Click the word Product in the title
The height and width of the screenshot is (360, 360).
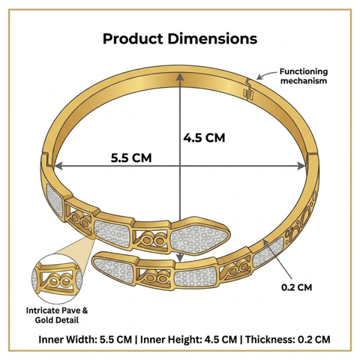[x=133, y=39]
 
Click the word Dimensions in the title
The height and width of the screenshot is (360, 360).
[x=212, y=39]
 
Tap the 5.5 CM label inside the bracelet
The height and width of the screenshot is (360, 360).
[x=131, y=158]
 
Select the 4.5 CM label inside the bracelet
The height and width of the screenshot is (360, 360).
[x=204, y=138]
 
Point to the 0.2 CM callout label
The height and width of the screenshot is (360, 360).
[x=297, y=287]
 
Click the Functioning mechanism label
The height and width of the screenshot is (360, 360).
[x=304, y=76]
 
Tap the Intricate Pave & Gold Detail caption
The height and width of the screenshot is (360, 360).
[x=57, y=315]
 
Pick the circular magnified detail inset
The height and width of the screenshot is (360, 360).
[x=57, y=279]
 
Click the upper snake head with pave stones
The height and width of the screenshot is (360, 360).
[x=200, y=236]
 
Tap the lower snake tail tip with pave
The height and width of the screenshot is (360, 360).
[x=115, y=268]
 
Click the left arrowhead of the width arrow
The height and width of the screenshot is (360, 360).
[x=58, y=166]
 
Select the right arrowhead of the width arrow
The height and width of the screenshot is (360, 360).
[x=301, y=166]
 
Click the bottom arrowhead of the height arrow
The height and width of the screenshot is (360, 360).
[x=180, y=257]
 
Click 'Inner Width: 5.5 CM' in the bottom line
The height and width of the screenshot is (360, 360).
[x=85, y=340]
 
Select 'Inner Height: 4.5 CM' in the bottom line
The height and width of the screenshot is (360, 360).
[x=188, y=340]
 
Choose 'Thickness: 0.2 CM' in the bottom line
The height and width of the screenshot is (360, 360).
[x=287, y=340]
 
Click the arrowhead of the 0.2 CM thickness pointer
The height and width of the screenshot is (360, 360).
[x=265, y=241]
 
